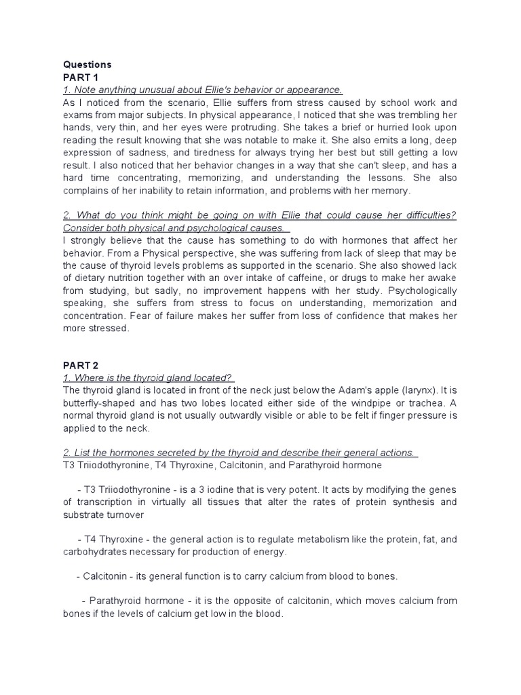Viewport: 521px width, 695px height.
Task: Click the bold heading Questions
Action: [x=87, y=64]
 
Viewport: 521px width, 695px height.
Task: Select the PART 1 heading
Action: [x=81, y=77]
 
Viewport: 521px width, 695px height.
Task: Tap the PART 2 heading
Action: [x=81, y=365]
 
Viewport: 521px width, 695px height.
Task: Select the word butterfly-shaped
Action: [x=102, y=403]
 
